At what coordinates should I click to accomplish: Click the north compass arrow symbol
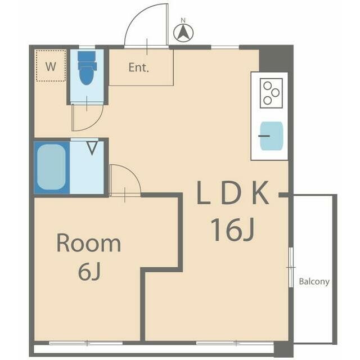183,33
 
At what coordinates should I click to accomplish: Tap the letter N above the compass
183,20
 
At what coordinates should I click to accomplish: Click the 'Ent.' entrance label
139,67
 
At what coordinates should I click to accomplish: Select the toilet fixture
86,68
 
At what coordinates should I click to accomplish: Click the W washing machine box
51,66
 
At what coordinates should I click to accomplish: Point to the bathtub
51,168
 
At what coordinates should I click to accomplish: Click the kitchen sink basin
271,136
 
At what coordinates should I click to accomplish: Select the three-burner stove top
271,93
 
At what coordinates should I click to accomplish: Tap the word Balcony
314,281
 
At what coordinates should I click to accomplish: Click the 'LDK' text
233,193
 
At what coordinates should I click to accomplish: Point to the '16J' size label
232,229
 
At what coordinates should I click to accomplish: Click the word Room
89,243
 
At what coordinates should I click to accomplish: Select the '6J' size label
89,272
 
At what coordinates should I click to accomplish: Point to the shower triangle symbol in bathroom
92,148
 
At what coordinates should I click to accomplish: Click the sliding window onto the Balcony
291,268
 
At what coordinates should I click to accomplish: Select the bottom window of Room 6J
86,343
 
